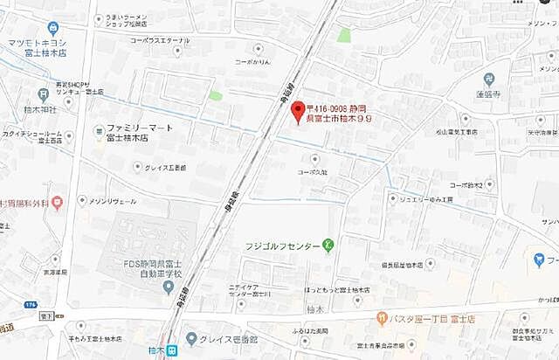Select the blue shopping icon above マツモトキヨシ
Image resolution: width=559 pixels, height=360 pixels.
(x=54, y=27)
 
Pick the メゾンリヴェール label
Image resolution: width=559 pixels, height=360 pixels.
(x=114, y=200)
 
